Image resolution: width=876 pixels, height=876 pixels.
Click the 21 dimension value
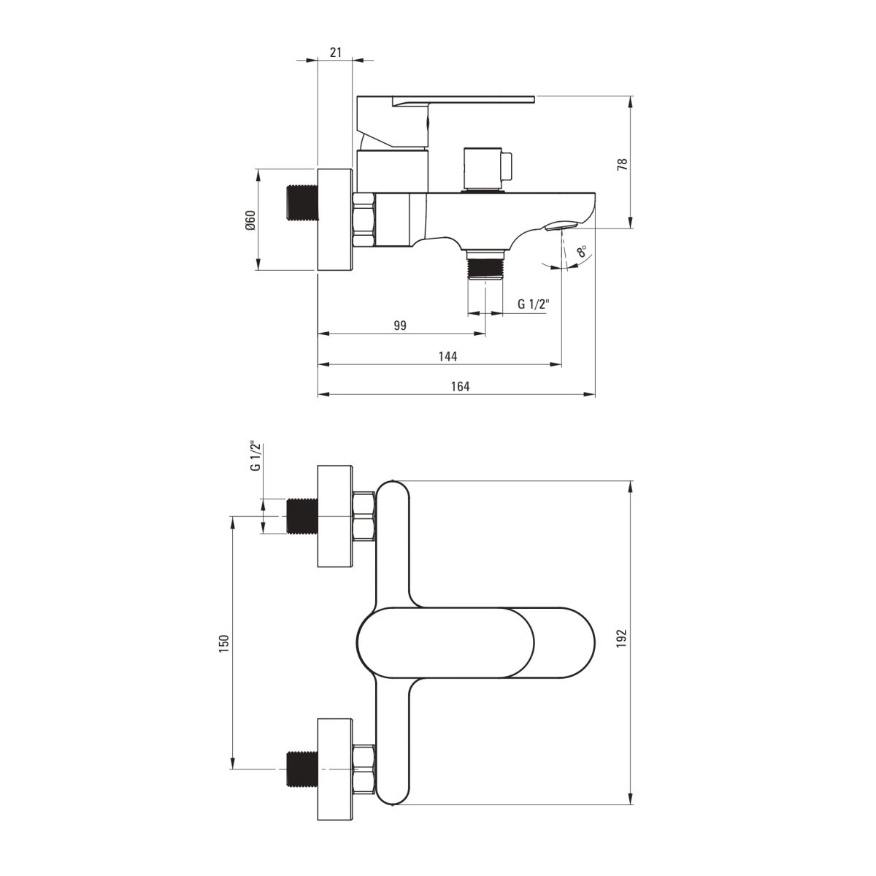coord(336,53)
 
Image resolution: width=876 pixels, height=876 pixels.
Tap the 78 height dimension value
coord(623,164)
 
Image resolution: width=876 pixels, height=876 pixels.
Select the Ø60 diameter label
coord(250,220)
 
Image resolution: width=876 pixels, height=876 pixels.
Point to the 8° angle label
coord(582,251)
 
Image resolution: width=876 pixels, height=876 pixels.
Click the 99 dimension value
coord(400,326)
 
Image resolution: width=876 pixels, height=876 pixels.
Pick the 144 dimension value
coord(447,356)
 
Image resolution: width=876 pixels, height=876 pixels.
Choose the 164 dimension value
coord(460,386)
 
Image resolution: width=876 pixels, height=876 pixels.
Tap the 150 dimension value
coord(224,644)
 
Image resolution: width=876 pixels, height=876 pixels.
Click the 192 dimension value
coord(622,638)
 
